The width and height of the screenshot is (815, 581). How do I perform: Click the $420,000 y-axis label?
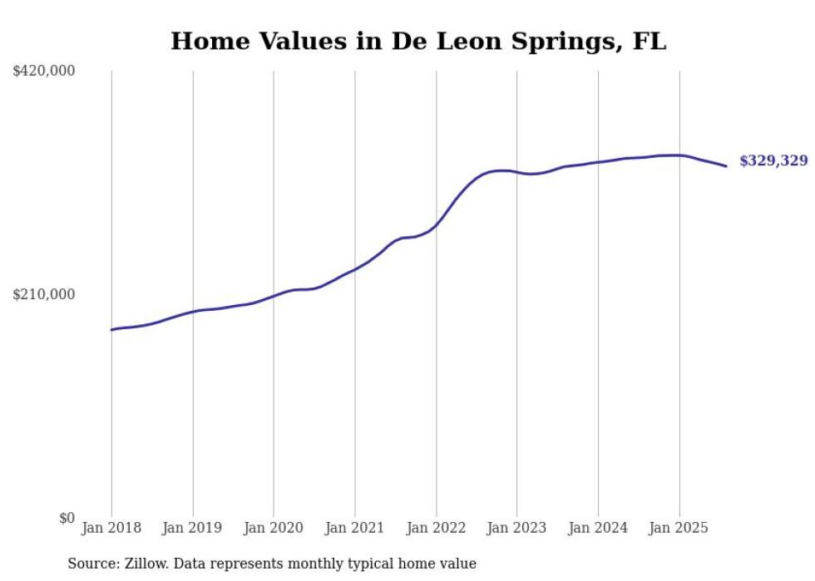click(x=43, y=71)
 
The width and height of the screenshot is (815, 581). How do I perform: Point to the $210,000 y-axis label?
click(x=43, y=294)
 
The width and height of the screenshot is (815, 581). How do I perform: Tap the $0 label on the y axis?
click(x=67, y=518)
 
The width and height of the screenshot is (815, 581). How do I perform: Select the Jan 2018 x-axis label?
click(x=111, y=528)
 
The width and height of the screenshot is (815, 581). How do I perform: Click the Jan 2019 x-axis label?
click(x=192, y=528)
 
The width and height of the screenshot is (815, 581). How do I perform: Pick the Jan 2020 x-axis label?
click(x=274, y=528)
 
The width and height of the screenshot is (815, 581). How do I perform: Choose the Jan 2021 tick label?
click(x=354, y=528)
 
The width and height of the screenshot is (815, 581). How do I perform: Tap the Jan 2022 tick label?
click(x=436, y=528)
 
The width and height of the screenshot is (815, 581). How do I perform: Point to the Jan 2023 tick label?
click(x=516, y=528)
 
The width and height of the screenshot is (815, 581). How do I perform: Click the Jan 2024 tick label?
click(x=598, y=528)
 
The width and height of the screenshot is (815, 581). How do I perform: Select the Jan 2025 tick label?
click(x=679, y=528)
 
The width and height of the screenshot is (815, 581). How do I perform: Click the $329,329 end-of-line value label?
click(x=773, y=161)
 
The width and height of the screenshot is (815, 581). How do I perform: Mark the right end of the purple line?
click(x=726, y=166)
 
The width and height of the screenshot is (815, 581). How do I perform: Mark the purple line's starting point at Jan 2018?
click(x=111, y=330)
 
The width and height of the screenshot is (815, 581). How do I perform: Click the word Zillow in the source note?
click(x=143, y=564)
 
